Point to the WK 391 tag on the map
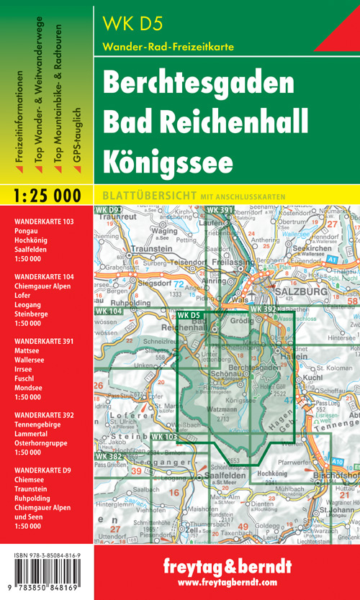[x=221, y=210]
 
